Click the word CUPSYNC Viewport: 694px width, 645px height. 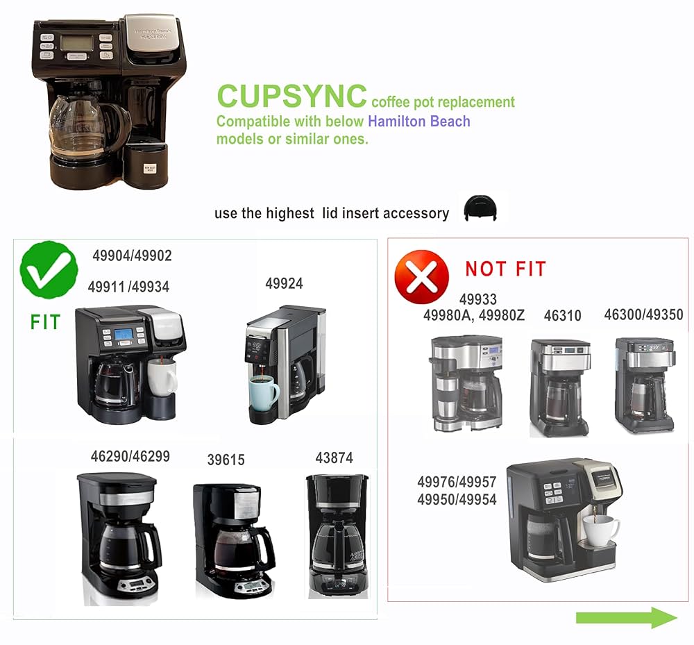(291, 96)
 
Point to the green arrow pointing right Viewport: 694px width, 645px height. (626, 617)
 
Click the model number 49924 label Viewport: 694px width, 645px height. (284, 284)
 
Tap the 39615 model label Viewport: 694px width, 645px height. (226, 460)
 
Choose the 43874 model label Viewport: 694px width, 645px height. (334, 458)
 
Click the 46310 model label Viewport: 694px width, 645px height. (562, 316)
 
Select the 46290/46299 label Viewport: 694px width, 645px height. (130, 457)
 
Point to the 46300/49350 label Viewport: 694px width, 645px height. (643, 315)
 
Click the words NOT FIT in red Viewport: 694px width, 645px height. (505, 269)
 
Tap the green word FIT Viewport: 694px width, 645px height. (45, 322)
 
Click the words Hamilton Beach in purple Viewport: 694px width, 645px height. (419, 122)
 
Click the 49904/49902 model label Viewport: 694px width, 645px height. (132, 256)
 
